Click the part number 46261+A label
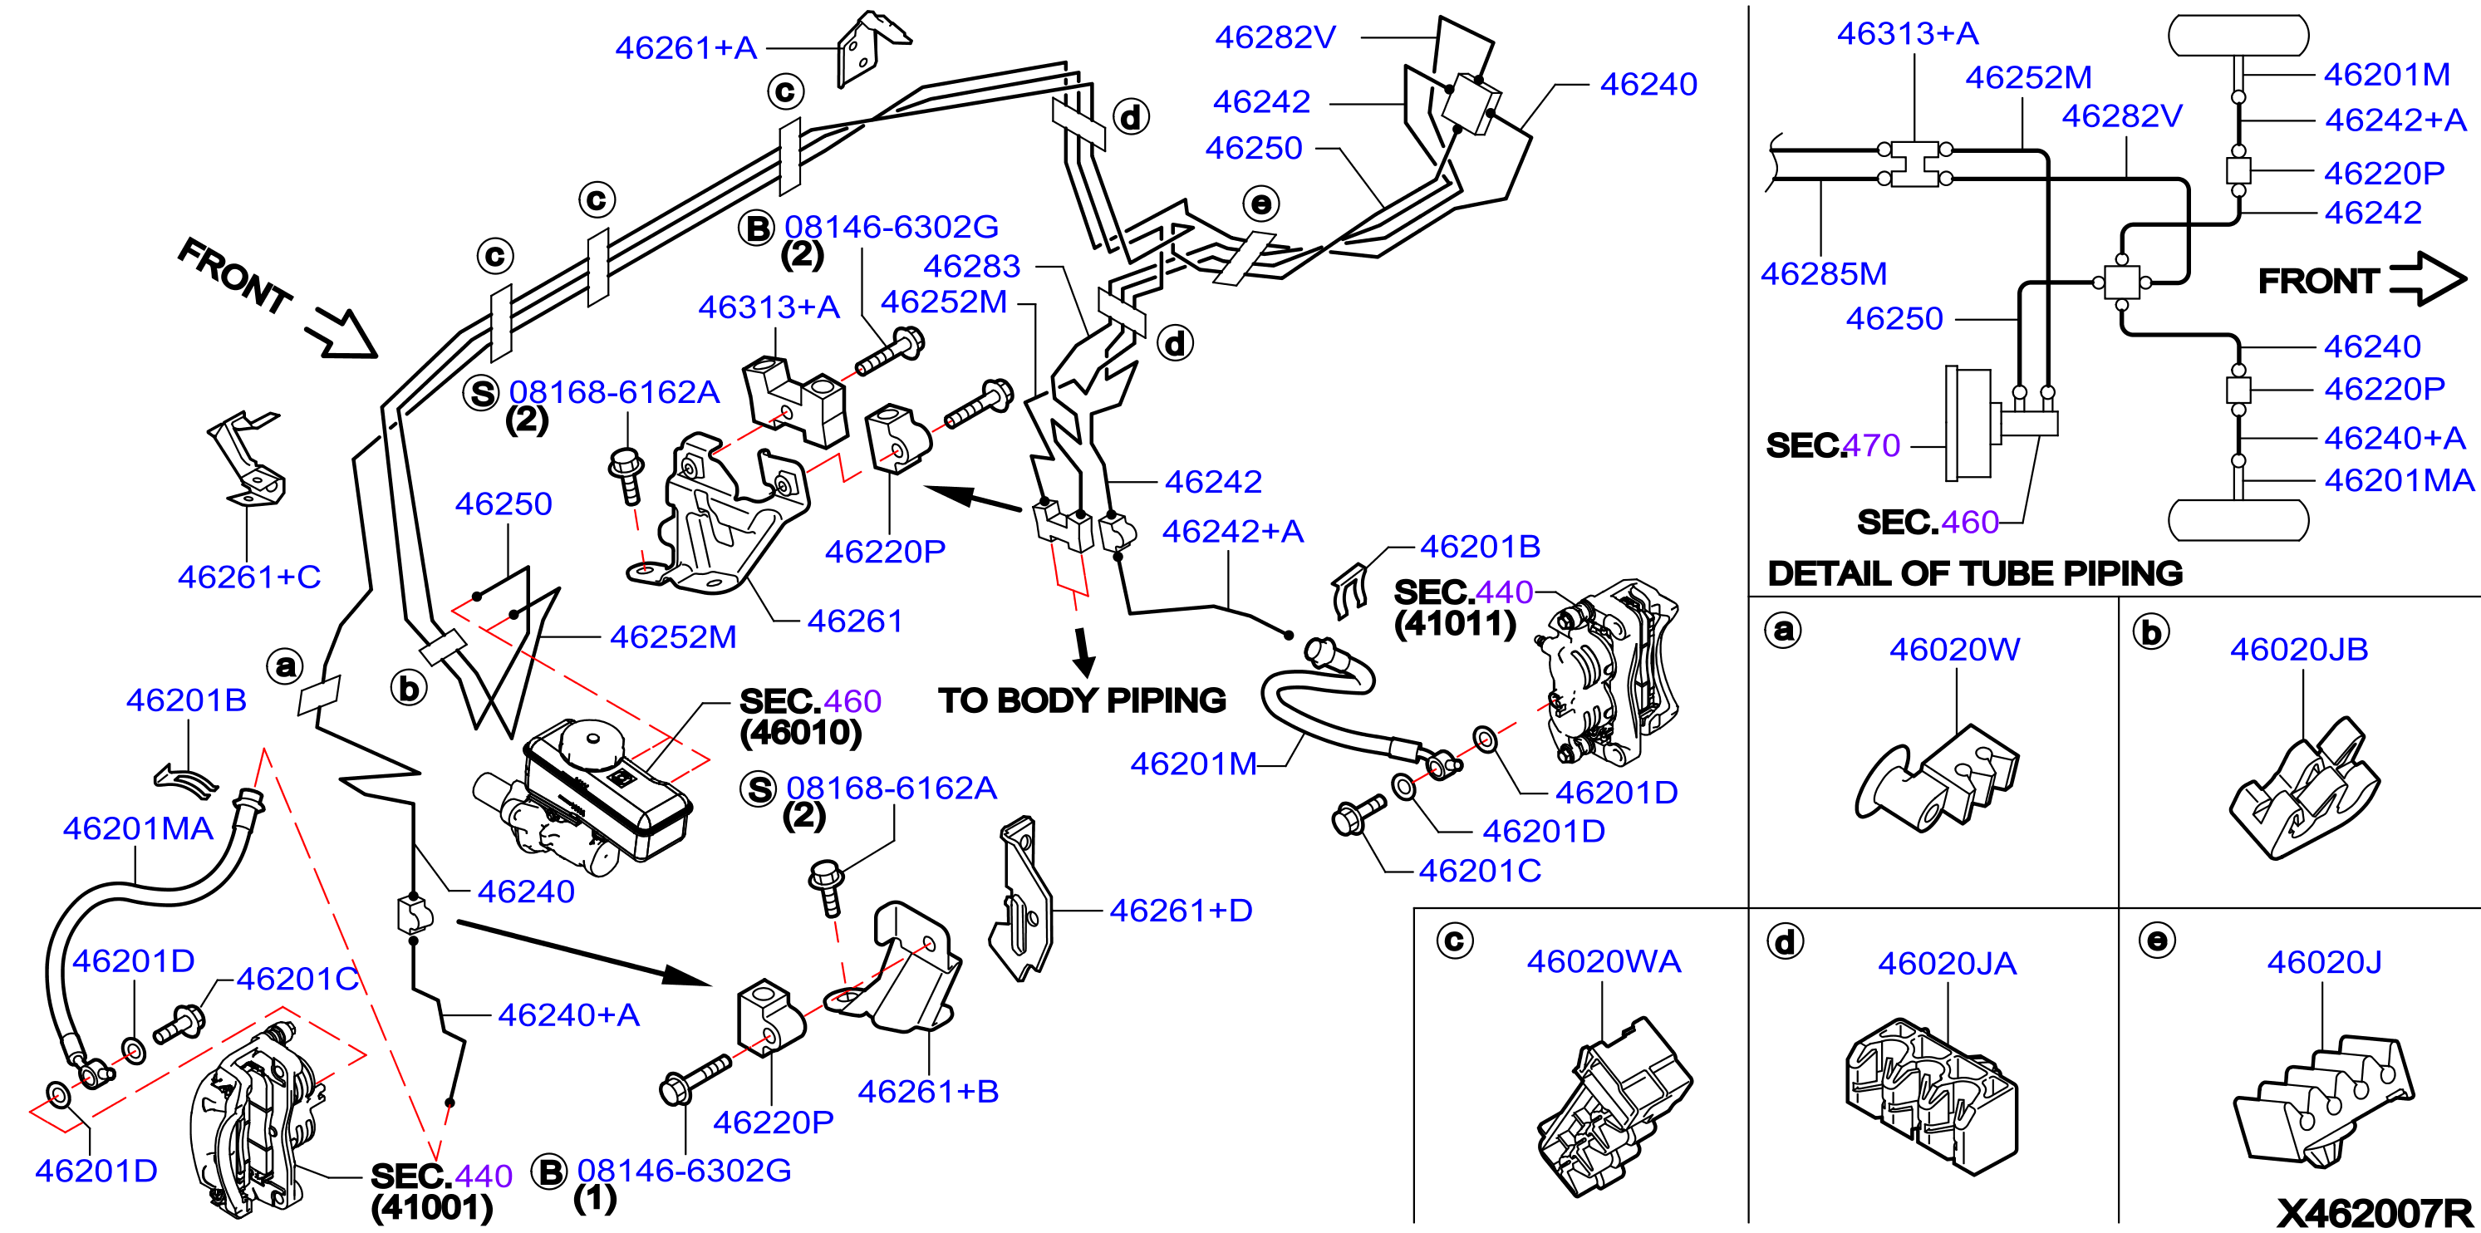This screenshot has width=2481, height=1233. click(x=685, y=48)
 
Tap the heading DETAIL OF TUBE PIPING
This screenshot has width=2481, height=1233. click(x=1974, y=573)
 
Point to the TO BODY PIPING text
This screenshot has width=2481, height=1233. click(x=1082, y=700)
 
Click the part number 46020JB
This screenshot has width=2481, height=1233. click(x=2298, y=649)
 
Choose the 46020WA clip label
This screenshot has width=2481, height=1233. click(x=1604, y=961)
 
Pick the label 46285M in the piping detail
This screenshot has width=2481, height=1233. click(x=1823, y=273)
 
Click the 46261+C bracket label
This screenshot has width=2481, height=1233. click(x=248, y=577)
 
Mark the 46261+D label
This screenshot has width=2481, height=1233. click(x=1181, y=911)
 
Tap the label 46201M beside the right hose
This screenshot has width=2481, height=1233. click(x=1193, y=764)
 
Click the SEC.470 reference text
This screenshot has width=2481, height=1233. click(x=1833, y=445)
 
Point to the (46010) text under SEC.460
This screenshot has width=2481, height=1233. click(x=800, y=733)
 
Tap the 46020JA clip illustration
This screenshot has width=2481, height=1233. click(x=1931, y=1098)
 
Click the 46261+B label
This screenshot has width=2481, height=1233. click(x=927, y=1092)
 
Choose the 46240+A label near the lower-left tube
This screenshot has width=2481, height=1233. click(x=568, y=1014)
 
